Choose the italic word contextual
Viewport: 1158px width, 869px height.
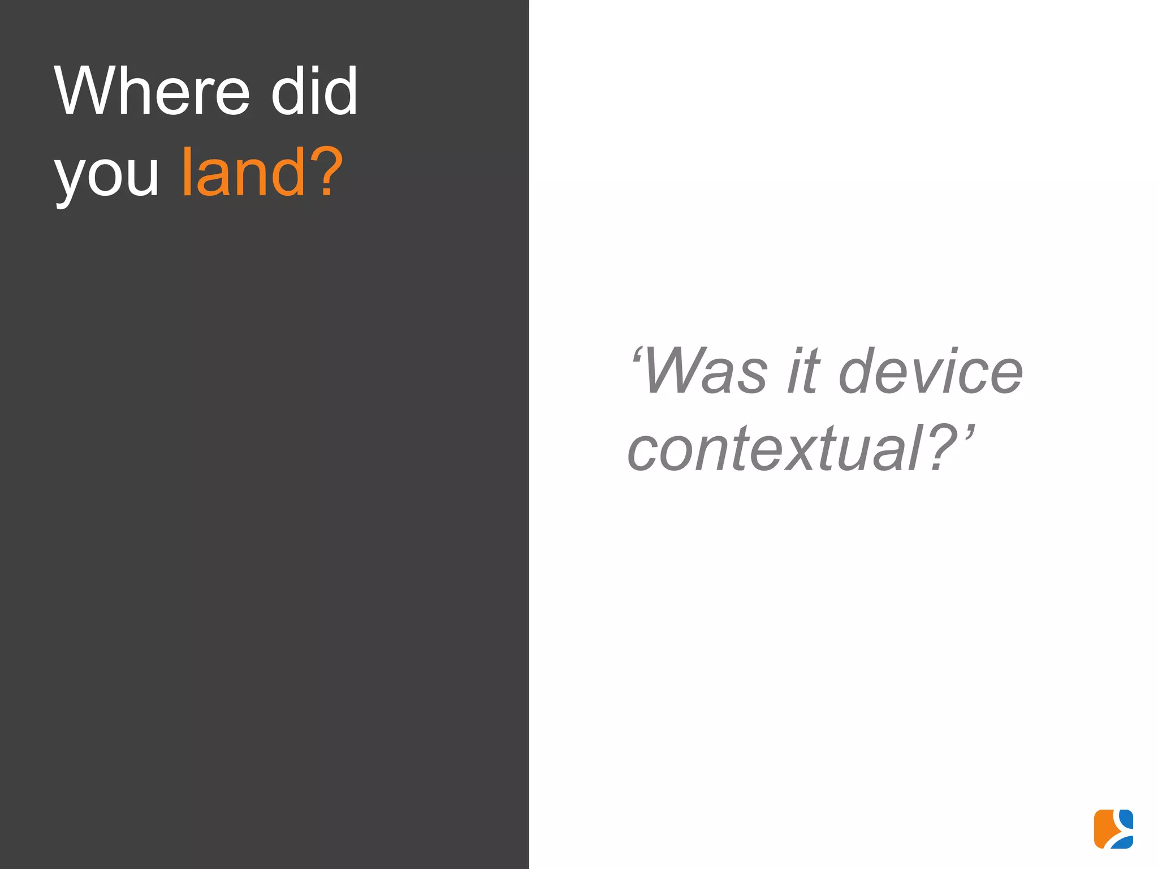(x=775, y=450)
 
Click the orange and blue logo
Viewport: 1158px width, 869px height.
(x=1113, y=829)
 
